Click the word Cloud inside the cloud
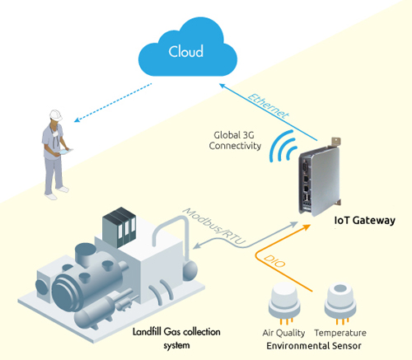pos(186,51)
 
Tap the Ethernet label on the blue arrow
pos(269,105)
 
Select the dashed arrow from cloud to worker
pos(113,103)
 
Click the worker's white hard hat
pos(56,115)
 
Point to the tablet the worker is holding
pos(66,152)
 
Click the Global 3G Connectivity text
pos(235,140)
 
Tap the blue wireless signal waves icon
pos(283,146)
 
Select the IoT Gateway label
pos(364,220)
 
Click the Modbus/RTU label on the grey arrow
pos(213,226)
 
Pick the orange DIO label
pos(274,260)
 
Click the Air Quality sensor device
pos(284,302)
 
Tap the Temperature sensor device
pos(340,302)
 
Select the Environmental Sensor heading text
pos(314,345)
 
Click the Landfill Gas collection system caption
pos(176,339)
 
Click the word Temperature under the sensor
pos(340,333)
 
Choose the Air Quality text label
pos(283,333)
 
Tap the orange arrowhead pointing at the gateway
pos(306,227)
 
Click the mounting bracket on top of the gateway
pos(336,142)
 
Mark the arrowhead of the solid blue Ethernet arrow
pos(223,86)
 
